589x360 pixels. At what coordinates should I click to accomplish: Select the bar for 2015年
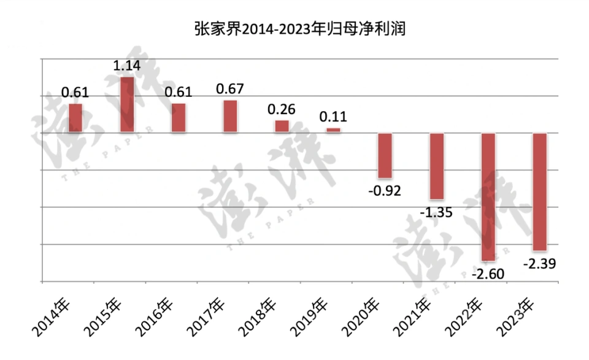pyautogui.click(x=127, y=104)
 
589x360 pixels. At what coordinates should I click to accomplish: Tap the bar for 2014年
pyautogui.click(x=75, y=118)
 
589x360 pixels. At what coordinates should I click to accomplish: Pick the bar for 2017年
pyautogui.click(x=230, y=116)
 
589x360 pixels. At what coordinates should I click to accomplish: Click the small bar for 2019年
pyautogui.click(x=333, y=130)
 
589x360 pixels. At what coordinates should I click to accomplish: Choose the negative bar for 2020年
pyautogui.click(x=385, y=155)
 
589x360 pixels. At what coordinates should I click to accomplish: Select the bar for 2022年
pyautogui.click(x=488, y=197)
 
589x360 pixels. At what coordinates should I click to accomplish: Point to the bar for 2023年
pyautogui.click(x=540, y=191)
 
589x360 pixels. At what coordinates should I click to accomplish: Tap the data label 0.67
pyautogui.click(x=230, y=89)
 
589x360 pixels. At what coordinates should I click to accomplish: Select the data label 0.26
pyautogui.click(x=282, y=110)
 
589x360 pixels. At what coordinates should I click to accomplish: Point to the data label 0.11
pyautogui.click(x=333, y=117)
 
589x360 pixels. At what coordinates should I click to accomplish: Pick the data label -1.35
pyautogui.click(x=436, y=212)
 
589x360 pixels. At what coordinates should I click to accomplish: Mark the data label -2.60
pyautogui.click(x=488, y=274)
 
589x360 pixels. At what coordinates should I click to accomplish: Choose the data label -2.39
pyautogui.click(x=540, y=264)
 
